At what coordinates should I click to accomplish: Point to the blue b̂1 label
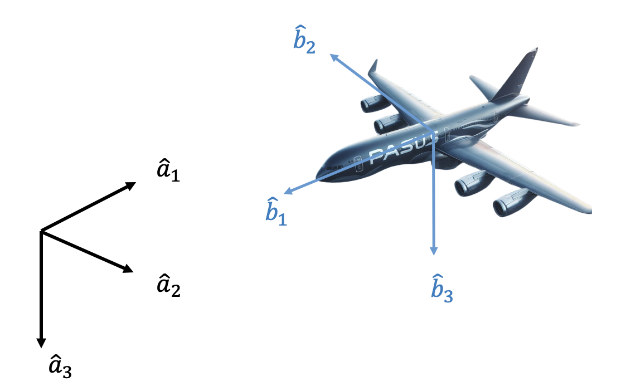275,211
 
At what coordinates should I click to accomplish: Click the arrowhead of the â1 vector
132,185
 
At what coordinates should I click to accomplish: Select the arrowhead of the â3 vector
41,343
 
